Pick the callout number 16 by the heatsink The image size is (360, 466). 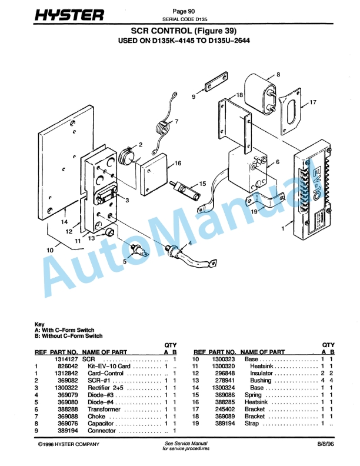178,163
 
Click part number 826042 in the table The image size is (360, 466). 66,366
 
